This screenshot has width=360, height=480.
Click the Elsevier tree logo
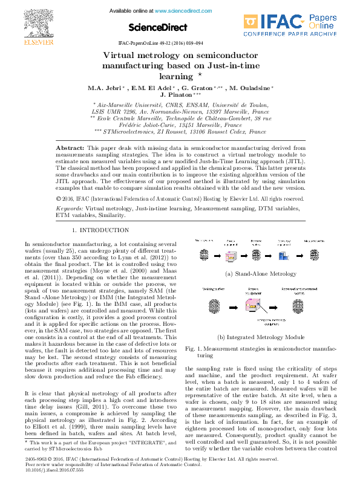[30, 22]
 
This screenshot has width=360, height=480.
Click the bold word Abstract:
[70, 148]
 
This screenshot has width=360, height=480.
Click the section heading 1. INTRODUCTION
[100, 230]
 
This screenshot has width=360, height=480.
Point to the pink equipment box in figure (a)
[231, 256]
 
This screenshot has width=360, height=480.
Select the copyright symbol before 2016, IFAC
[58, 198]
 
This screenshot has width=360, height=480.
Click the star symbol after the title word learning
[200, 75]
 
